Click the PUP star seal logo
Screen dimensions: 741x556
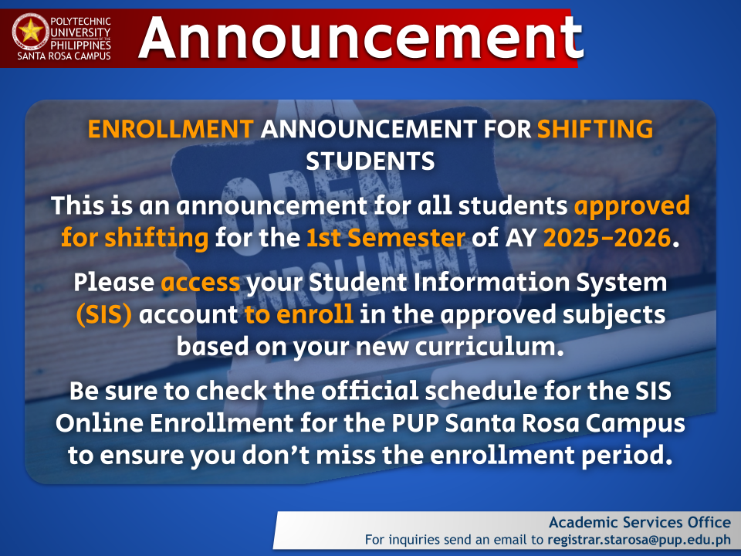31,32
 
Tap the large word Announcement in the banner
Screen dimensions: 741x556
360,37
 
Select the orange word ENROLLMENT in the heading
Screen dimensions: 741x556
171,129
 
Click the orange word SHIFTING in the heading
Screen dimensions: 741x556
595,129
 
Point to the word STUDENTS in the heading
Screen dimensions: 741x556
370,161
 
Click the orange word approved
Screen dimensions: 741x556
632,207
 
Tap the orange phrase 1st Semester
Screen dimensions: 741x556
386,237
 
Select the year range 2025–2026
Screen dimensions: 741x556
607,237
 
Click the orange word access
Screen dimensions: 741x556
201,283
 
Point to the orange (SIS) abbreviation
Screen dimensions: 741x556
104,314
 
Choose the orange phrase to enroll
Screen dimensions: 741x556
299,314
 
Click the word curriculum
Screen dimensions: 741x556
489,347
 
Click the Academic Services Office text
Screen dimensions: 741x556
640,523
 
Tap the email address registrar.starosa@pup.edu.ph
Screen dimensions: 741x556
639,540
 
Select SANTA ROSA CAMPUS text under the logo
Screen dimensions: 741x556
64,56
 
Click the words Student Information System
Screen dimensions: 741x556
488,283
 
